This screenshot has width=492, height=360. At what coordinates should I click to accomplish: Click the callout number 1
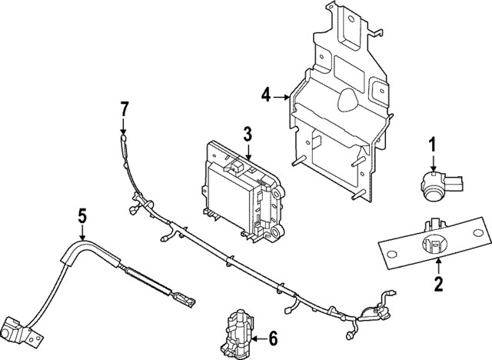(433, 144)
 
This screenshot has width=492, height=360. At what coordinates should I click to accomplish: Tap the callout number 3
(247, 136)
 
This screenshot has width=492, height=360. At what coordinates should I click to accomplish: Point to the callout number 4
(266, 96)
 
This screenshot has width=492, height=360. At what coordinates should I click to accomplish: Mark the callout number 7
(124, 108)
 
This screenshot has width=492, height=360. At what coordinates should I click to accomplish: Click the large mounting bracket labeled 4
(338, 115)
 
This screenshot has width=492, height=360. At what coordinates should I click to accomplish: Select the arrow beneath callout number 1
(433, 163)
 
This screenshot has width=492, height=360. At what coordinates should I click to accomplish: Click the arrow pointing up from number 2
(438, 266)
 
